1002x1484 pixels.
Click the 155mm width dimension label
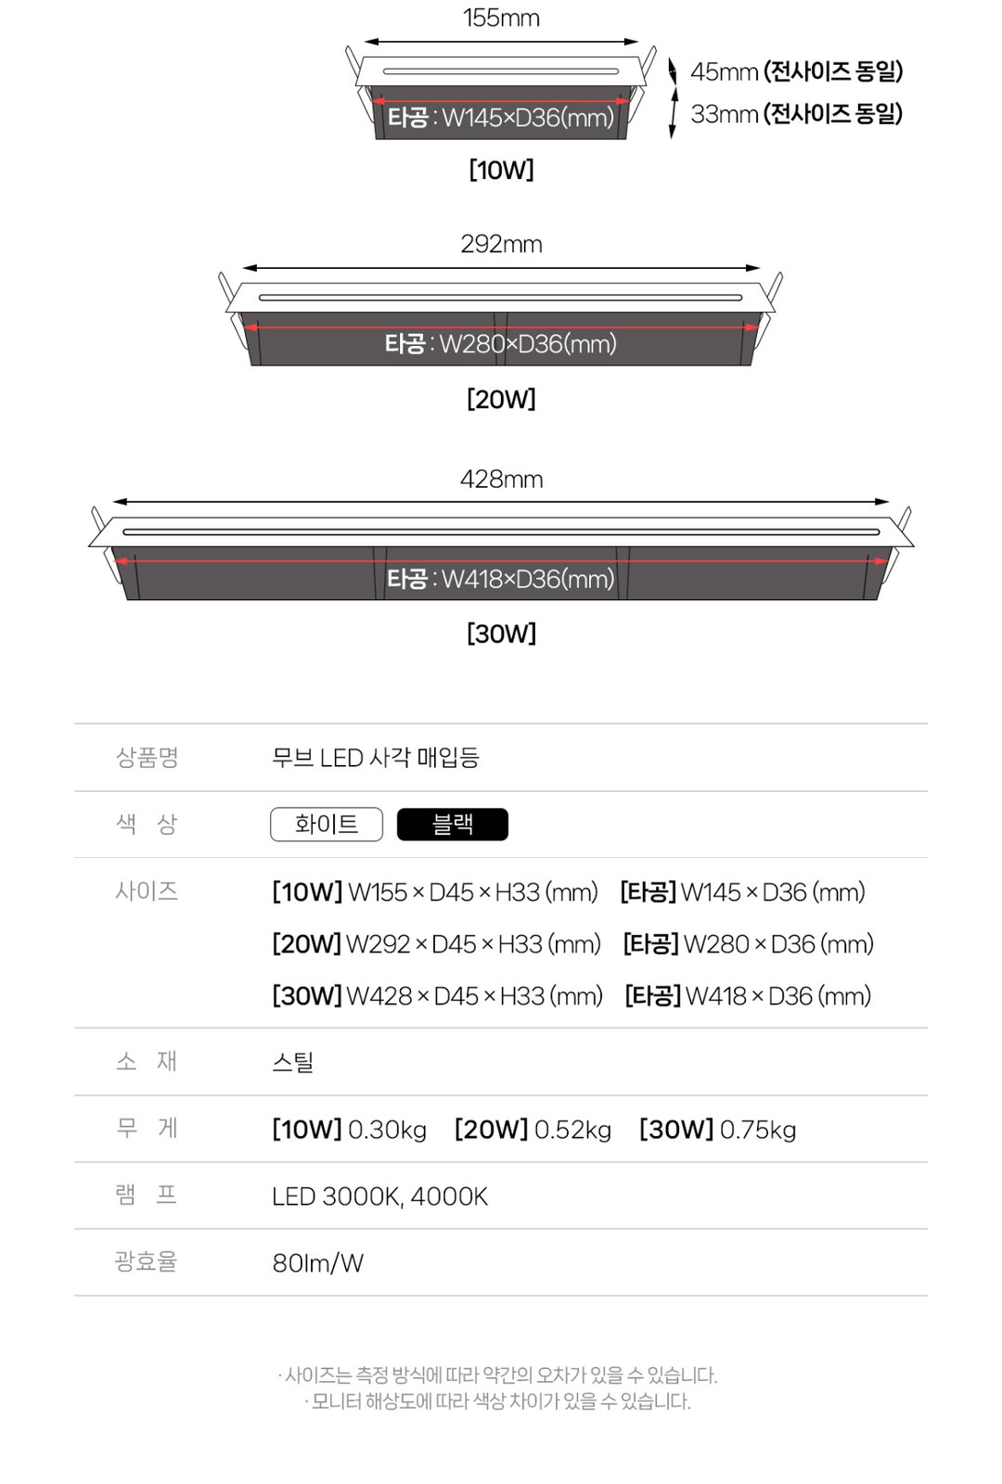501,18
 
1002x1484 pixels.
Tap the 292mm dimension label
501,245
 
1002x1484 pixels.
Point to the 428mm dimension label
501,479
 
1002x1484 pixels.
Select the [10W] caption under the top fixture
501,171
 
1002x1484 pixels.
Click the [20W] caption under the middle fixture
501,399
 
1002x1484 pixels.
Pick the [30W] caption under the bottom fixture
501,633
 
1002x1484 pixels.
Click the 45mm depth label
724,71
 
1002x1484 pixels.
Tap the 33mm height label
724,114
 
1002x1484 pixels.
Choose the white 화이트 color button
326,825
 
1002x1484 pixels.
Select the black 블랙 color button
453,825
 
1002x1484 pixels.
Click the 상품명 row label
148,757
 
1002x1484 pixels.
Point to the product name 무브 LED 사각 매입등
375,757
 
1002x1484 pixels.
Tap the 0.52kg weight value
572,1131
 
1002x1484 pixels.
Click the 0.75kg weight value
757,1131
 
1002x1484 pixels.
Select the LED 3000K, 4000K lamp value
379,1196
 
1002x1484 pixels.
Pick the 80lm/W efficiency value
318,1263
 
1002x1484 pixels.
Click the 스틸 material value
292,1062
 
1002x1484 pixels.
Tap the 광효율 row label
146,1261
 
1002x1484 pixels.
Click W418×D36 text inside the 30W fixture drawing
528,579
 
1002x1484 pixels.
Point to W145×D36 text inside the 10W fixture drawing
528,118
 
